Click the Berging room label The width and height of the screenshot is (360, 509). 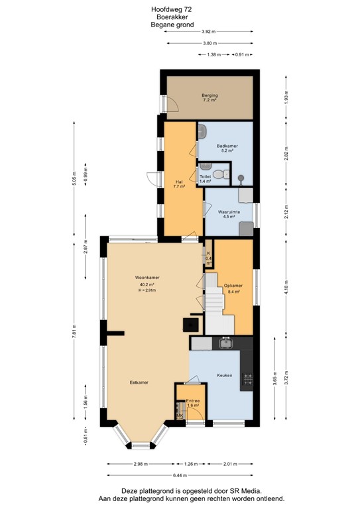click(210, 96)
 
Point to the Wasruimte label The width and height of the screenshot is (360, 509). click(229, 212)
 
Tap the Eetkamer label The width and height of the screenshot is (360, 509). click(139, 382)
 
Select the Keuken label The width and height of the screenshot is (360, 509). click(225, 375)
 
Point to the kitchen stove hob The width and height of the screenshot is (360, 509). click(248, 379)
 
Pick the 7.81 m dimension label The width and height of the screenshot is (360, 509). click(76, 329)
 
